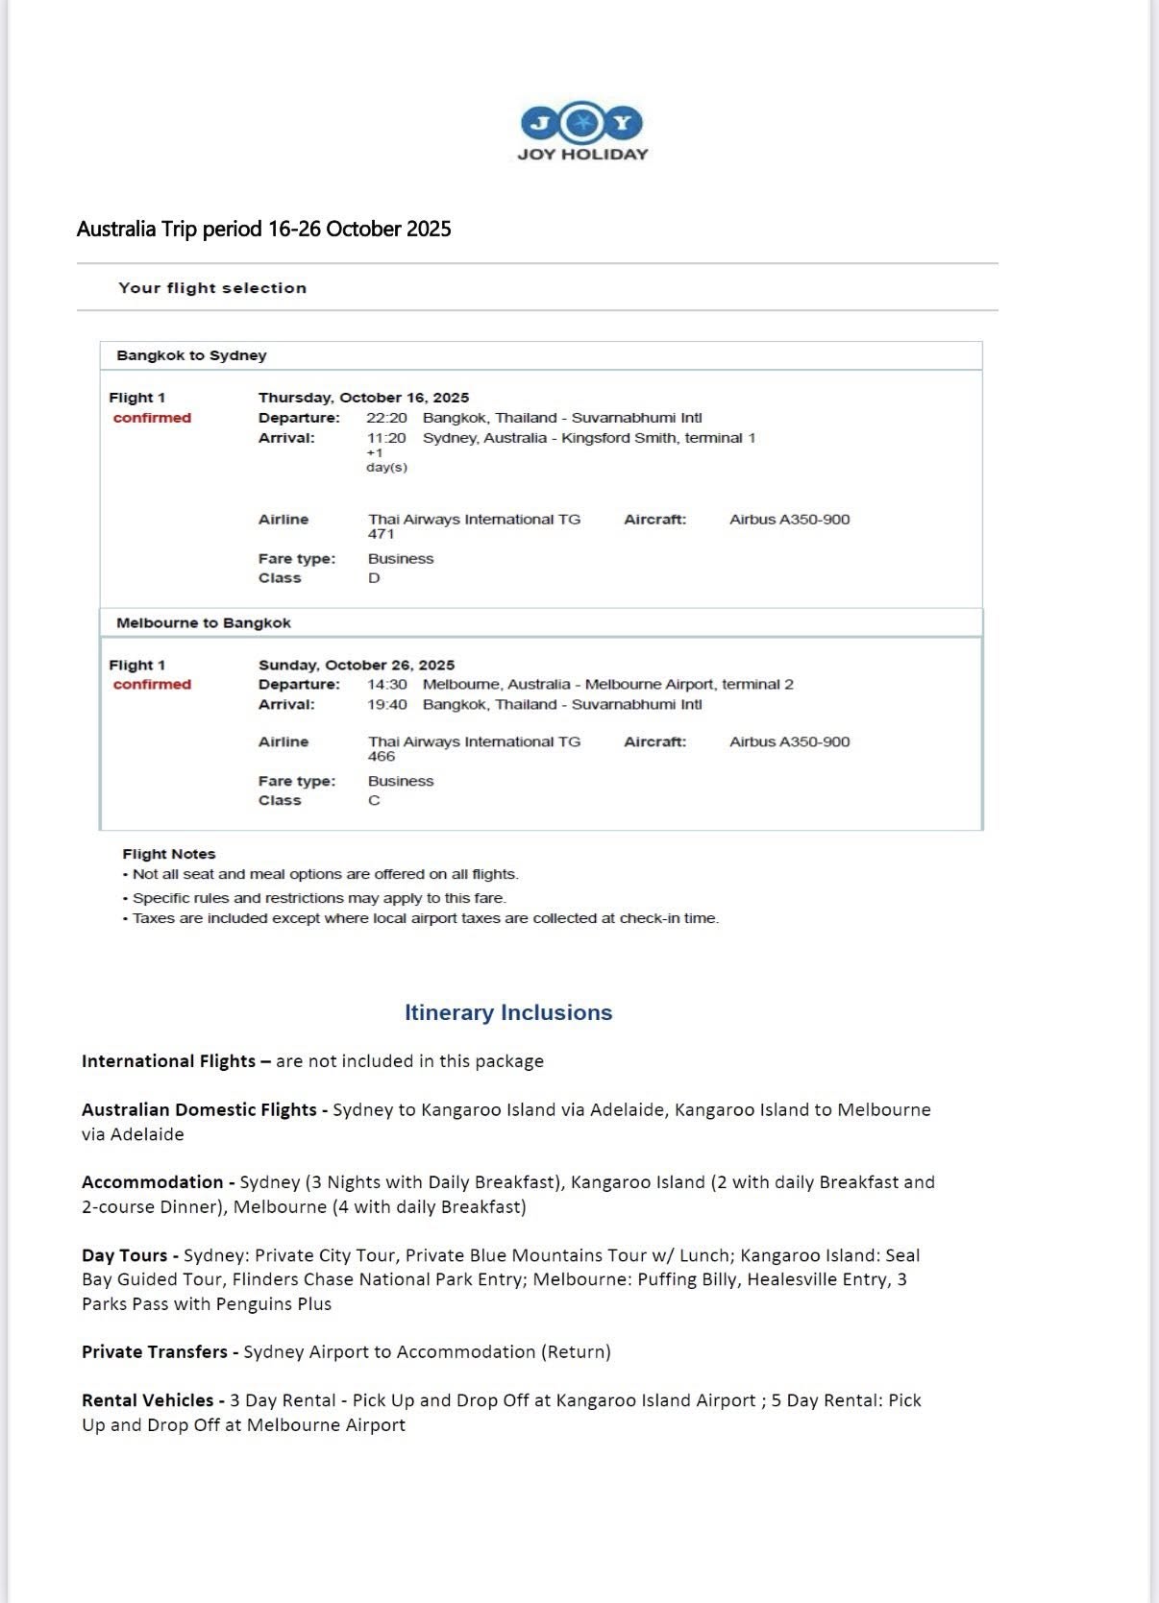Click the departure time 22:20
click(x=386, y=418)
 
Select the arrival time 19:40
click(x=386, y=704)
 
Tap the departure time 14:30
click(x=386, y=684)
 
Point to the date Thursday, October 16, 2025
click(x=363, y=398)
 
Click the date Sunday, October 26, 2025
click(x=357, y=665)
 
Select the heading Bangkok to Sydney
click(x=191, y=355)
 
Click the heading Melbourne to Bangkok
click(x=204, y=622)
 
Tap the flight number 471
click(x=382, y=534)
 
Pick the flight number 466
click(x=382, y=757)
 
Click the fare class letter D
click(x=374, y=578)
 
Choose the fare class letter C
click(x=374, y=801)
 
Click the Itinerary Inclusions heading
click(x=507, y=1012)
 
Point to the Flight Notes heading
click(x=169, y=854)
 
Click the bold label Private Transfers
click(x=155, y=1351)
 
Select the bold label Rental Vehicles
click(x=147, y=1400)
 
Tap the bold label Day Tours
click(x=124, y=1255)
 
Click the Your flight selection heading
click(x=212, y=288)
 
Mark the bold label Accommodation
click(x=152, y=1182)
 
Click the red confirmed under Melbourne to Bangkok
click(x=152, y=684)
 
